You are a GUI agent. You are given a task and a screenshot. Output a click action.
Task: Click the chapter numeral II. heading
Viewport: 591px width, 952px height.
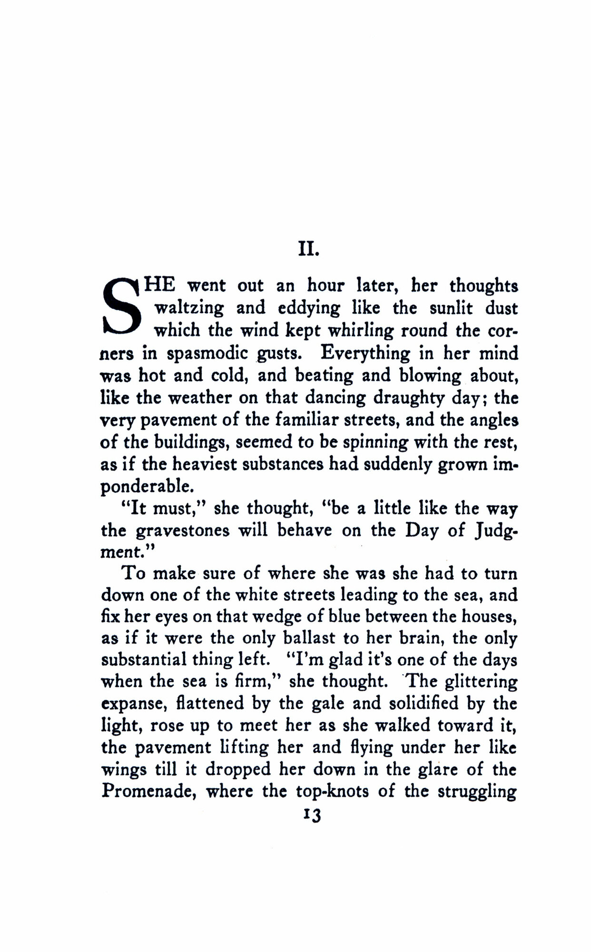305,249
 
